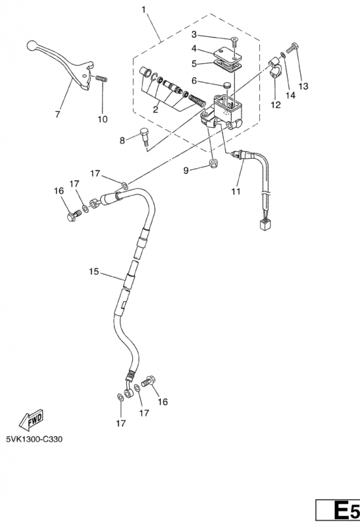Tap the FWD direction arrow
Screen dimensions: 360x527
point(31,420)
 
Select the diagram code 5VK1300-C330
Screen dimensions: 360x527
point(34,439)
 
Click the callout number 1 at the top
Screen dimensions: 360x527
point(144,9)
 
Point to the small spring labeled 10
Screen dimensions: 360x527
point(101,78)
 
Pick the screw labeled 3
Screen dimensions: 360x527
point(234,42)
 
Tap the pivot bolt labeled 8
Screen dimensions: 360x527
point(144,136)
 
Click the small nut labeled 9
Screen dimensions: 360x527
point(213,163)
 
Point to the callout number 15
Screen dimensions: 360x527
point(93,271)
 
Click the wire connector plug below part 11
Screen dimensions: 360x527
point(265,223)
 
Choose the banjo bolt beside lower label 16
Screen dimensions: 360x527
point(148,381)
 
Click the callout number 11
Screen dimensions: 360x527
point(236,191)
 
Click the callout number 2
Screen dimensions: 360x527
point(155,109)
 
